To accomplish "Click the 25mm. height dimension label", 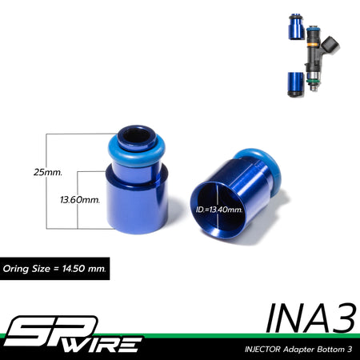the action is tap(48, 172).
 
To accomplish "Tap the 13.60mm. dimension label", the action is tap(80, 200).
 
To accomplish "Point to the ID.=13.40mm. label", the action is tap(219, 210).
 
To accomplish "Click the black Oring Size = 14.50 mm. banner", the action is tap(54, 269).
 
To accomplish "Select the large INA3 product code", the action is tap(311, 318).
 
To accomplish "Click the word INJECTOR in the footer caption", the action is tap(262, 349).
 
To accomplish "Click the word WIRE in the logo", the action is tap(104, 344).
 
